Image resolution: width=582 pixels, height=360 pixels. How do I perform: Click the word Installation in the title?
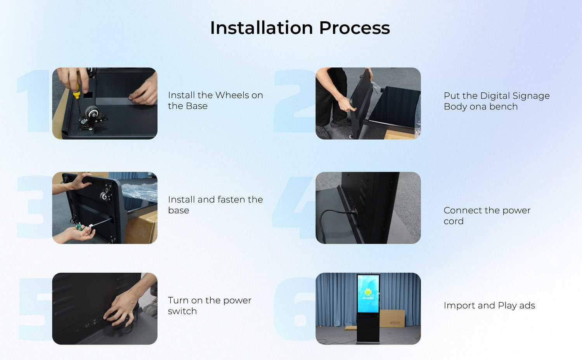click(x=262, y=28)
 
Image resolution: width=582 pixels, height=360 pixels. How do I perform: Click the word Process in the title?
click(x=355, y=28)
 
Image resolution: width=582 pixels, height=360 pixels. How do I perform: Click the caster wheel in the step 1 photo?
click(x=92, y=112)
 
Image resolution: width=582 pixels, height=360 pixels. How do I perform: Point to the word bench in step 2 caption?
click(x=504, y=107)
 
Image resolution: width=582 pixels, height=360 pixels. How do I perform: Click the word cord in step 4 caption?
click(x=454, y=221)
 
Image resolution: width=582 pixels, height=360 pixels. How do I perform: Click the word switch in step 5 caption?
click(x=182, y=311)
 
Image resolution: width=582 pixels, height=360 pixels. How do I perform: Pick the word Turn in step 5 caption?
click(x=178, y=300)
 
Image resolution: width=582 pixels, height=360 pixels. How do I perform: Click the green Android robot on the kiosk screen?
click(x=368, y=292)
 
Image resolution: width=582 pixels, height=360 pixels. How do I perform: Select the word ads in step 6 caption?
click(x=527, y=305)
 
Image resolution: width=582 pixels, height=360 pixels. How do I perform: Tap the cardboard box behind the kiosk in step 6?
click(x=392, y=318)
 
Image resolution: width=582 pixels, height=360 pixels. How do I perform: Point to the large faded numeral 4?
click(x=294, y=208)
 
